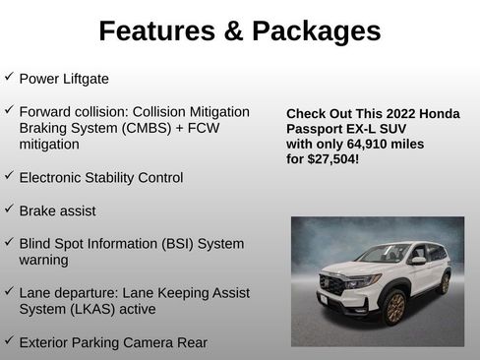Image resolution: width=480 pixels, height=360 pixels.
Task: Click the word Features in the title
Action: pyautogui.click(x=157, y=31)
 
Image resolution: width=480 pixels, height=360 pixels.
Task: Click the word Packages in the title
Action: pyautogui.click(x=318, y=31)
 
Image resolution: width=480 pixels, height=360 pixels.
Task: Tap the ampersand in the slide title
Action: pyautogui.click(x=232, y=31)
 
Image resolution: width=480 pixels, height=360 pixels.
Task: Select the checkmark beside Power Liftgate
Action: pyautogui.click(x=9, y=76)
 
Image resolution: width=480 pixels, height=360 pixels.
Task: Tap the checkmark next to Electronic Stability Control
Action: pyautogui.click(x=9, y=176)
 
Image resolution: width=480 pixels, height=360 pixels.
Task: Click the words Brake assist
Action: pyautogui.click(x=58, y=210)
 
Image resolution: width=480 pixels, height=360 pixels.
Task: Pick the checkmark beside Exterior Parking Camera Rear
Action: pyautogui.click(x=9, y=340)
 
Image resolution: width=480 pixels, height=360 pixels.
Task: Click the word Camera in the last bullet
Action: pyautogui.click(x=152, y=342)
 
